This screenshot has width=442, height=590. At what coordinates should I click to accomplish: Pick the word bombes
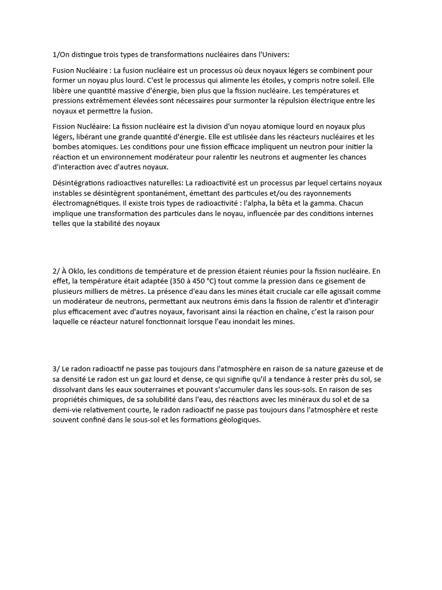pos(68,147)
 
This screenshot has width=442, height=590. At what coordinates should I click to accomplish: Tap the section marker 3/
pos(56,368)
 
